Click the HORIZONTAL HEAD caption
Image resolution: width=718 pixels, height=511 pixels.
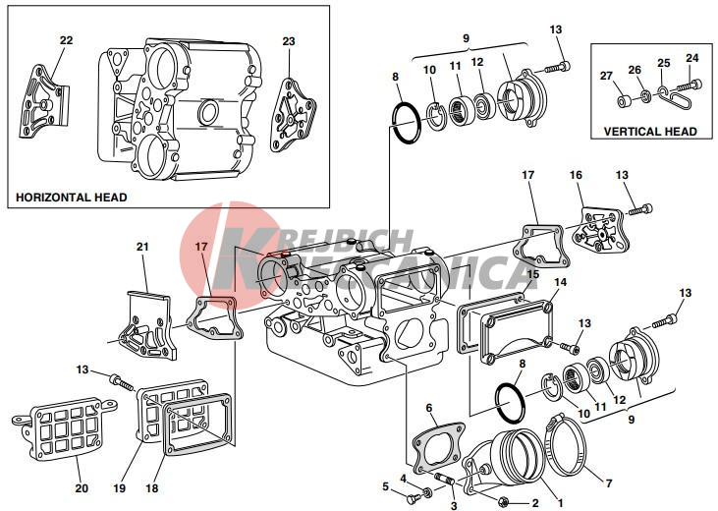[x=71, y=198]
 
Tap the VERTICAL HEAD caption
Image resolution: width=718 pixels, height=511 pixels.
[x=650, y=132]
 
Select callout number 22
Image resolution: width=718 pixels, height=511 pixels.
[x=67, y=40]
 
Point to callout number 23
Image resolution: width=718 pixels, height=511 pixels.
[x=289, y=41]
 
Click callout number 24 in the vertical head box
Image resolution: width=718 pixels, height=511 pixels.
[x=692, y=58]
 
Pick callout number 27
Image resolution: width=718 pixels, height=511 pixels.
[x=607, y=76]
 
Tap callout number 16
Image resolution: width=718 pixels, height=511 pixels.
[x=576, y=175]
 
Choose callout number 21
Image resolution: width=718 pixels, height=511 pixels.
[x=142, y=247]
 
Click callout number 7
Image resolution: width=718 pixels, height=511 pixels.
[x=609, y=483]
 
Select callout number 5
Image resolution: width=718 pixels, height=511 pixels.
[x=386, y=486]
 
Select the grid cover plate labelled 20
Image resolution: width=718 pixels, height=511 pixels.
[x=64, y=429]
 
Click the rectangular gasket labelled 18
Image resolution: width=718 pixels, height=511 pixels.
[x=197, y=424]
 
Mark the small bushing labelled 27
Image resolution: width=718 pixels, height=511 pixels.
[x=623, y=101]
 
